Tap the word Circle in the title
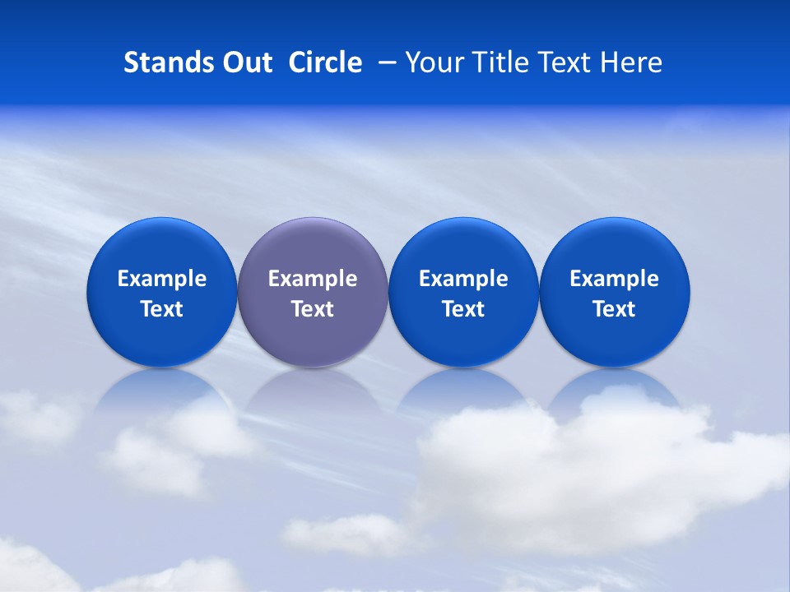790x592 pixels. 325,62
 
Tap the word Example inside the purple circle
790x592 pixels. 313,279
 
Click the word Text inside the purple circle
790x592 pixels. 313,309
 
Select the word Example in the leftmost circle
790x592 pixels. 162,279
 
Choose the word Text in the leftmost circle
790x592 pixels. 162,309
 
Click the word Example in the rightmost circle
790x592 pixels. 614,279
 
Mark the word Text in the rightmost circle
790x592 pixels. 614,309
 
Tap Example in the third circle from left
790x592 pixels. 463,279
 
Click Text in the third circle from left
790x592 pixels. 463,309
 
